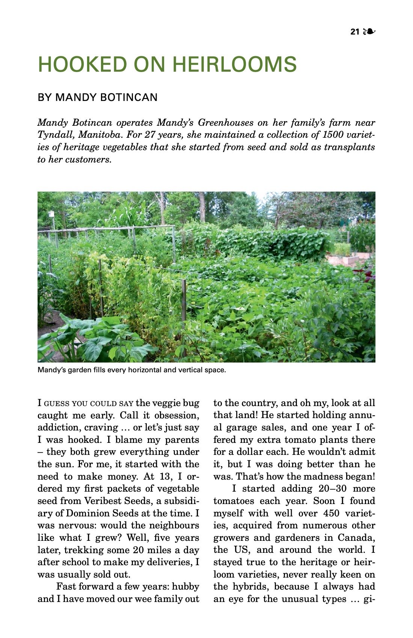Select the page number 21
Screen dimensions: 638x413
click(x=355, y=32)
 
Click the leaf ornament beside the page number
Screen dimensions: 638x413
click(x=369, y=32)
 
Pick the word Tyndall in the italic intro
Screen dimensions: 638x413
click(x=55, y=135)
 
